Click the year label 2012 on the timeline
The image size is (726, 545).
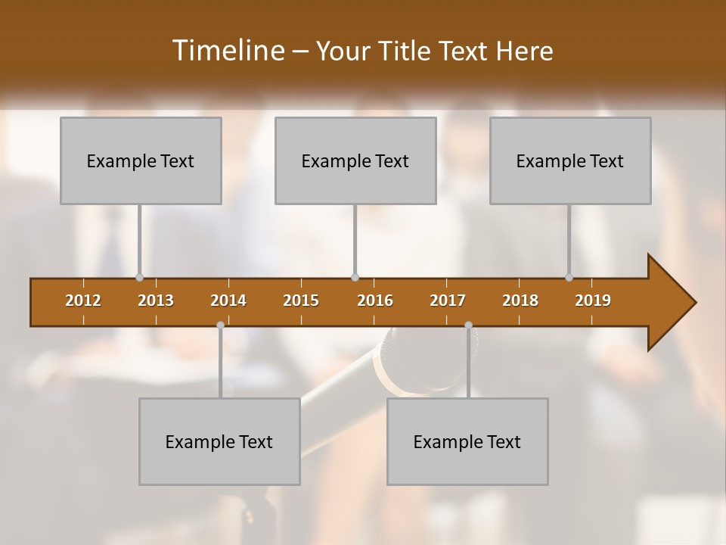[x=83, y=301]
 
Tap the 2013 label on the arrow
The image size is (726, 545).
[x=156, y=301]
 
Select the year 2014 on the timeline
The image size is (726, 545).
[x=228, y=301]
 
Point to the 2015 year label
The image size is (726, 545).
[x=301, y=301]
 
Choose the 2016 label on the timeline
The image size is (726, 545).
[x=375, y=301]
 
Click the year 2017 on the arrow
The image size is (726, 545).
[x=448, y=301]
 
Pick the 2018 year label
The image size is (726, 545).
[x=520, y=301]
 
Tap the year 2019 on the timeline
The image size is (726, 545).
[x=593, y=301]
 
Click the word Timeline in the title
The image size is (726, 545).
[x=227, y=51]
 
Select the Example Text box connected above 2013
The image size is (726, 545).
[x=141, y=160]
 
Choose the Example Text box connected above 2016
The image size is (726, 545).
[x=355, y=160]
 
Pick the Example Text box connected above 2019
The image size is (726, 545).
[x=570, y=160]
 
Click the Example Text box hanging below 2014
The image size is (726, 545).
[x=219, y=441]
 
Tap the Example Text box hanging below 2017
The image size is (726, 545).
[x=467, y=441]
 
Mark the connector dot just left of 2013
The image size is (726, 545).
[x=139, y=277]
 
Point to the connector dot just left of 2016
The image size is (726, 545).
[x=355, y=277]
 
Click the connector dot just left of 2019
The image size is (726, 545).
[x=569, y=277]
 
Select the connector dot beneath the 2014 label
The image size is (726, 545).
[x=220, y=325]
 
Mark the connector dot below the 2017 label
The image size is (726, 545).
[x=468, y=325]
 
